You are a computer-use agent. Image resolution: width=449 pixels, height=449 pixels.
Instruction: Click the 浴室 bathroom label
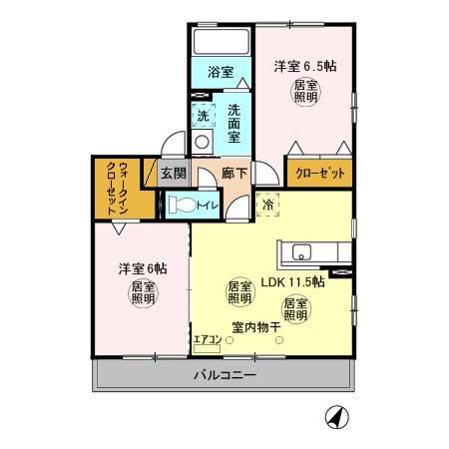coord(222,73)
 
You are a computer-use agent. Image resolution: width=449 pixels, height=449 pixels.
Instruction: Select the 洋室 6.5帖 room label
coord(304,67)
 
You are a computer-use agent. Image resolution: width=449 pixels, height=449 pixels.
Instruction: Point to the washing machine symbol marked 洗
coord(204,115)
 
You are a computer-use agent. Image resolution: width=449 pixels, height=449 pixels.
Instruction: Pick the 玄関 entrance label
coord(174,173)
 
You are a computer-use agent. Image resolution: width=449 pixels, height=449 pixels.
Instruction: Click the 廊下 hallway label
coord(234,173)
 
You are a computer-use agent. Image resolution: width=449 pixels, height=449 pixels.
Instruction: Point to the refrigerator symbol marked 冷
coord(267,206)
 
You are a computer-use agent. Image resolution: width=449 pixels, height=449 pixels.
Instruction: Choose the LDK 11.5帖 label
coord(290,281)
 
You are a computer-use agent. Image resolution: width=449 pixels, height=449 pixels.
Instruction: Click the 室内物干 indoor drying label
coord(255,326)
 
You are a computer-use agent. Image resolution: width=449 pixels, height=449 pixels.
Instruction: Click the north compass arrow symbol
coord(339,416)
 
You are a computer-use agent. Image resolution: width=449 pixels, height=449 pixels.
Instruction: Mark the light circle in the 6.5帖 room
coord(305,93)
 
